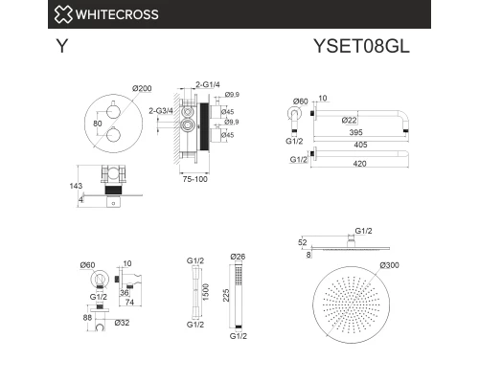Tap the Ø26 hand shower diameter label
click(x=239, y=256)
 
